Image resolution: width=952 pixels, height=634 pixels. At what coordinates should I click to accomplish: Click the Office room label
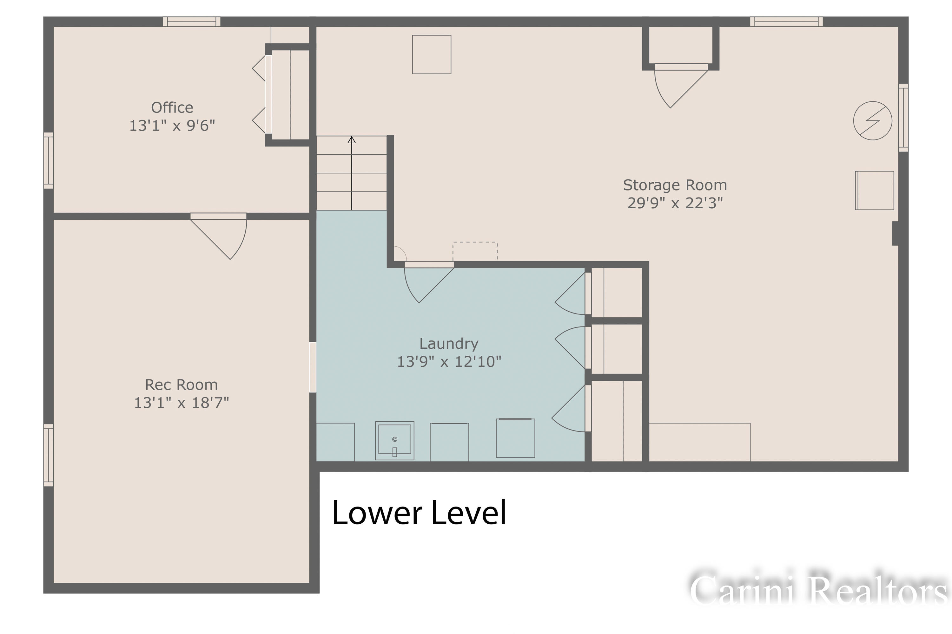click(x=172, y=107)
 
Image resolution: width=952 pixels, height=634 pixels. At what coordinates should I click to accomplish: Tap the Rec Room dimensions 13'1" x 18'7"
click(x=181, y=403)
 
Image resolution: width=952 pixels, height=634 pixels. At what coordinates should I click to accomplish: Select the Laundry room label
click(x=449, y=344)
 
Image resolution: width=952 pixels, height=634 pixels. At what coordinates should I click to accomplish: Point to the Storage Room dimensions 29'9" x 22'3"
click(x=675, y=203)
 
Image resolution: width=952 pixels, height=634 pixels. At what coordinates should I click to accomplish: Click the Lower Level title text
click(x=419, y=512)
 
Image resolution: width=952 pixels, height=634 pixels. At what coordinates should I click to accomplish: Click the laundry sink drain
click(x=395, y=439)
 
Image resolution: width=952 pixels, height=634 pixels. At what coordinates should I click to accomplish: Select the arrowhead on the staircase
click(x=352, y=140)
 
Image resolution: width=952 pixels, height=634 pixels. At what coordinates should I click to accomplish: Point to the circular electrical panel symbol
click(x=873, y=120)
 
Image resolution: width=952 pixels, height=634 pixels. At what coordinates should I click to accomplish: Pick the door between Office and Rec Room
click(x=219, y=236)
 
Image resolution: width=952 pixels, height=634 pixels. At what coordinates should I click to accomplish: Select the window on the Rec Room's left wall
click(x=49, y=455)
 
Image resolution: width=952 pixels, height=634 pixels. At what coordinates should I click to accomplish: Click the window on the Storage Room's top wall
click(x=786, y=22)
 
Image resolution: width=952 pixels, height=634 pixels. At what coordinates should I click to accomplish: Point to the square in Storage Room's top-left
click(x=432, y=55)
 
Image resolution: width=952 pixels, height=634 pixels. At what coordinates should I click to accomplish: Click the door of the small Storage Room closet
click(x=681, y=85)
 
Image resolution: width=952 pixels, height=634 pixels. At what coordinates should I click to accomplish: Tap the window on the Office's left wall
click(x=49, y=160)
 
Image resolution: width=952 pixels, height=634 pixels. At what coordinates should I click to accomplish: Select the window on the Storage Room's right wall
click(x=903, y=118)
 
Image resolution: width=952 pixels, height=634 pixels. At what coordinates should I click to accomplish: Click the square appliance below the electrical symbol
click(x=874, y=191)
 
